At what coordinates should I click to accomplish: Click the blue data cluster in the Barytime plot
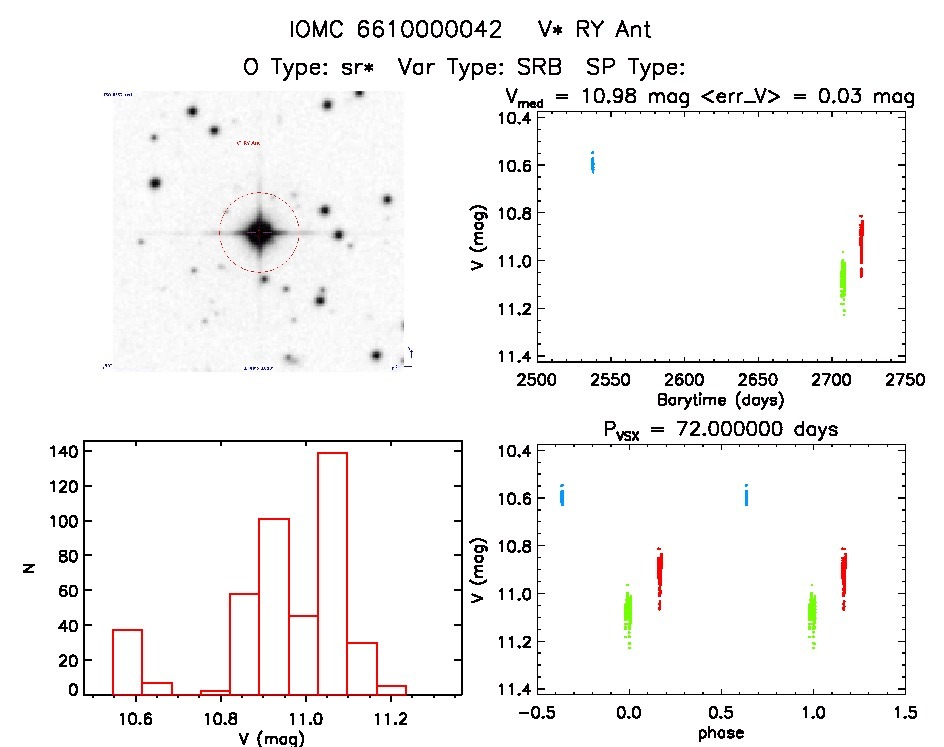[592, 162]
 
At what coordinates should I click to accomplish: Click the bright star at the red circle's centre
[259, 232]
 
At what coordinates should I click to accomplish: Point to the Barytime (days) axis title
[719, 400]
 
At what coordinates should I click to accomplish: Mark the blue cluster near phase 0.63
[746, 494]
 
